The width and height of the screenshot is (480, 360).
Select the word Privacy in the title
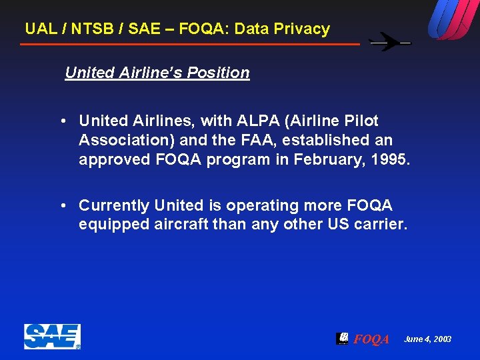pos(303,29)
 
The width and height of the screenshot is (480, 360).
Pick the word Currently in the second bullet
pos(114,205)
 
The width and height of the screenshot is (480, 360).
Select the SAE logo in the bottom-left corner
pos(52,337)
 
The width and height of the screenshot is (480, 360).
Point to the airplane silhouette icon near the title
pos(390,42)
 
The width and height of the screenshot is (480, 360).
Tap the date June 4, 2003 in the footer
pos(427,339)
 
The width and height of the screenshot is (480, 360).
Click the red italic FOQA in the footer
pos(371,339)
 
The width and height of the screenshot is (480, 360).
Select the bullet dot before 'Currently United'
pos(62,206)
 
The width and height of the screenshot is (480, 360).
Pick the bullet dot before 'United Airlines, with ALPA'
pos(62,121)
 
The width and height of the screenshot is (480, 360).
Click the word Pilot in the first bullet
pos(361,121)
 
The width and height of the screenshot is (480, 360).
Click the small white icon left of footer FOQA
pos(342,338)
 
